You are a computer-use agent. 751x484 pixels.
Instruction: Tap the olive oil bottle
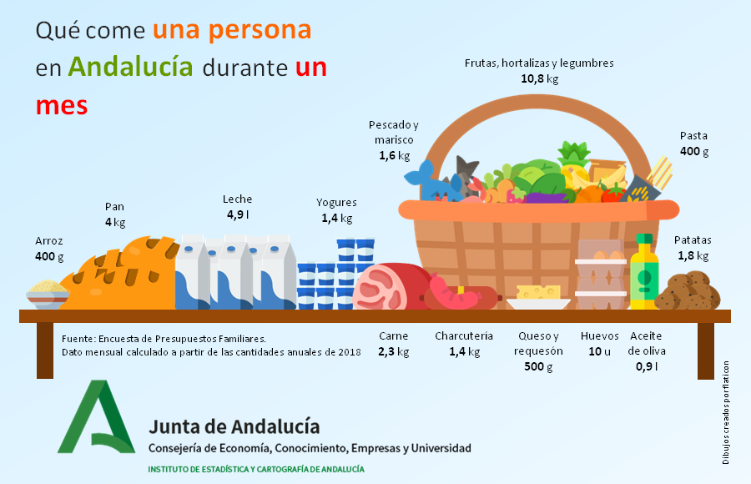[643, 274]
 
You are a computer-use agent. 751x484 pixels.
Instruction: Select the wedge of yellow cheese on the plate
[537, 292]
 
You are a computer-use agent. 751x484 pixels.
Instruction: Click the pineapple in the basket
[574, 163]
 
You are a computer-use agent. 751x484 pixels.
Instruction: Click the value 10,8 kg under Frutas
[539, 79]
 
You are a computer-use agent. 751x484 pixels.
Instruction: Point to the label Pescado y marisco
[393, 133]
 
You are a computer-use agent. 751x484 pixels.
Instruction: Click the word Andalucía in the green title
[130, 67]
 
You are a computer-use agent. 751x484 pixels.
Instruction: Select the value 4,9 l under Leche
[237, 214]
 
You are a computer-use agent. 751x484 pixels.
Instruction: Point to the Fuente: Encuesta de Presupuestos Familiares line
[164, 339]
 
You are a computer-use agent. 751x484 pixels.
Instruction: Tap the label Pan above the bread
[114, 207]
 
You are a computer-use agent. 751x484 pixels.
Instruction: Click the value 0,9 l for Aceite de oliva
[647, 366]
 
